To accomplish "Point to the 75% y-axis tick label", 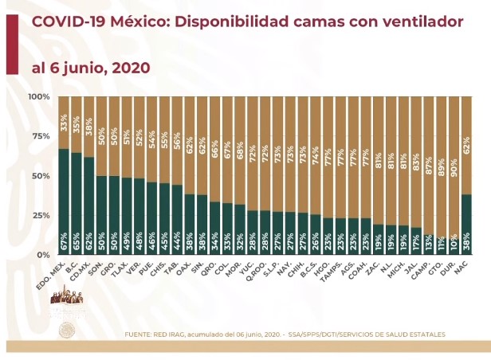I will tap(41, 136).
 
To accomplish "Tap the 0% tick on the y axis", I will tap(43, 255).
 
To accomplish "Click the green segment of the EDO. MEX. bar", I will tap(64, 199).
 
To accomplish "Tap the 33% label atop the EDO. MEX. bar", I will tap(64, 122).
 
